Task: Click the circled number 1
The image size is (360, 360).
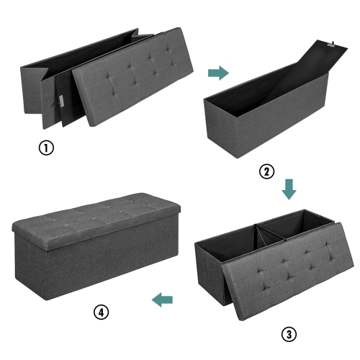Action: click(x=46, y=150)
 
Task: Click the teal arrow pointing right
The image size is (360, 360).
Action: click(x=217, y=73)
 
